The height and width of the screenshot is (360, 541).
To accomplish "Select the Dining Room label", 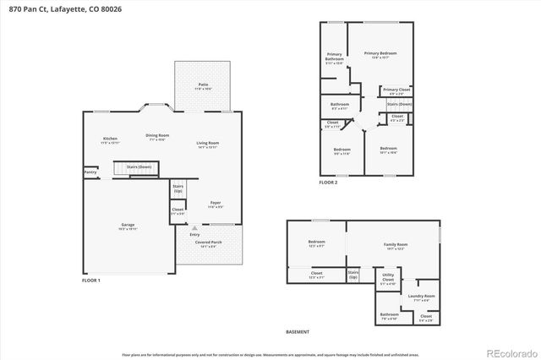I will [157, 136].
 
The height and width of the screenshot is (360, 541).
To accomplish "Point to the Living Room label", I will [208, 144].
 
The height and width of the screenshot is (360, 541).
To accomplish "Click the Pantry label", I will [90, 172].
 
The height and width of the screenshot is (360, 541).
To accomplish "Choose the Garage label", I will [127, 226].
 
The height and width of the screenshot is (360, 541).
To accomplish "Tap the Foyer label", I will [216, 203].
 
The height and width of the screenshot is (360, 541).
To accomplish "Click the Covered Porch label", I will [211, 243].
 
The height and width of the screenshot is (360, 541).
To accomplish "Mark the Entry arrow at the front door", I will [195, 228].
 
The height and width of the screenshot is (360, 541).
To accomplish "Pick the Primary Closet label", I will [396, 90].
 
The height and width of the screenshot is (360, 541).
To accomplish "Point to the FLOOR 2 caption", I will [328, 183].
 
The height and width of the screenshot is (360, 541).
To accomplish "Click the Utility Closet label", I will [388, 276].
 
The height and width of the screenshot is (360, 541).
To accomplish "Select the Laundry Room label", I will [420, 297].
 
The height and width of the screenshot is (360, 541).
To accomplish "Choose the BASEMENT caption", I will [298, 332].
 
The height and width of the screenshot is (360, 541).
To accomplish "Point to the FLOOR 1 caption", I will [91, 280].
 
